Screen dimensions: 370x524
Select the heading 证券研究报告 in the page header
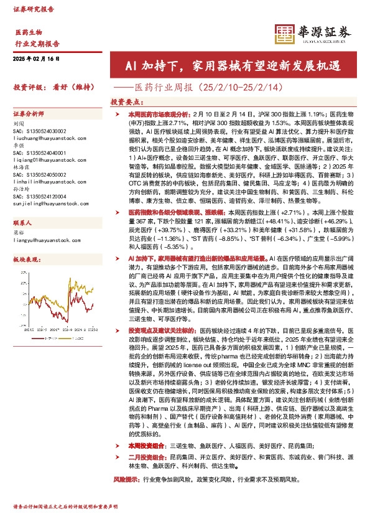click(34, 10)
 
